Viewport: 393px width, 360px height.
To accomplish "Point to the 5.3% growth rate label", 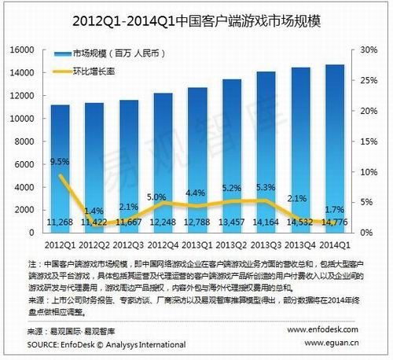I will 266,188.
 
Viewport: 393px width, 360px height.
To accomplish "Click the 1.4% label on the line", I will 95,211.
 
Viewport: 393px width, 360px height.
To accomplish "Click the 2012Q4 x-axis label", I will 163,243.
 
